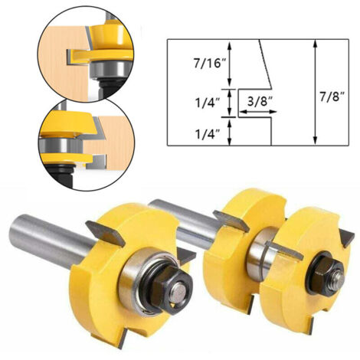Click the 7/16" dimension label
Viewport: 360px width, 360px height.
click(207, 63)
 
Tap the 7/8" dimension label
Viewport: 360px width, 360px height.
click(332, 97)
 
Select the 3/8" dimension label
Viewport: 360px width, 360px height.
click(258, 102)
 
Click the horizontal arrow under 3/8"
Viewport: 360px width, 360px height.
click(259, 112)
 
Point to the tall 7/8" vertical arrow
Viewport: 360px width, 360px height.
click(316, 92)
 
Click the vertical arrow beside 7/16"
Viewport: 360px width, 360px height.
click(230, 64)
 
